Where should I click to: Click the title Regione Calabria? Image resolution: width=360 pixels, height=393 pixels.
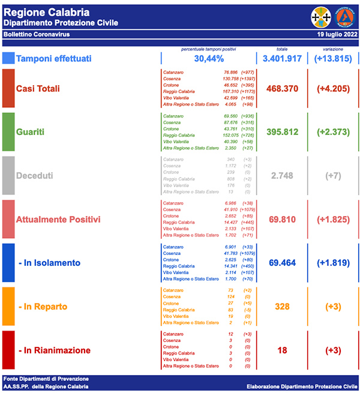click(47, 12)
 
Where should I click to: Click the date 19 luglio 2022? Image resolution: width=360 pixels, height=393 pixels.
click(337, 35)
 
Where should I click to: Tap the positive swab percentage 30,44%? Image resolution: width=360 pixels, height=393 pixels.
click(209, 58)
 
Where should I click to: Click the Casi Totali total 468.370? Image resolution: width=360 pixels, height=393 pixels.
click(282, 89)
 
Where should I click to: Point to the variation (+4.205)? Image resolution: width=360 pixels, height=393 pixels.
click(334, 89)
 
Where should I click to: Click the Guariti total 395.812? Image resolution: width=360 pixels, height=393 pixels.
click(282, 132)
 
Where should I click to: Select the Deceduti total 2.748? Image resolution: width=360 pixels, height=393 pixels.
click(282, 176)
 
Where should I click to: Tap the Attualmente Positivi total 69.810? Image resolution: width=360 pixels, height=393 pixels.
click(282, 220)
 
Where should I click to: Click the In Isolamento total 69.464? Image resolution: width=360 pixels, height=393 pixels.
click(282, 263)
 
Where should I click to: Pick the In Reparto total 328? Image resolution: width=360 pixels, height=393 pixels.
click(282, 307)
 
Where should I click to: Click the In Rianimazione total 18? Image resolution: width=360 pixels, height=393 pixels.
click(282, 350)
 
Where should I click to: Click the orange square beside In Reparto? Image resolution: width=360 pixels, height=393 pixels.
click(8, 307)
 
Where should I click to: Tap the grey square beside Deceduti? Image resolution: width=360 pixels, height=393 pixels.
click(8, 176)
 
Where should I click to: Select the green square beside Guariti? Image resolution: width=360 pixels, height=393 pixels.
click(8, 132)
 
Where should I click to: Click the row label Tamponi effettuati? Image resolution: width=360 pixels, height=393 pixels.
click(54, 58)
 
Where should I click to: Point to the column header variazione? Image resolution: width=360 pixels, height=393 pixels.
click(334, 49)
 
